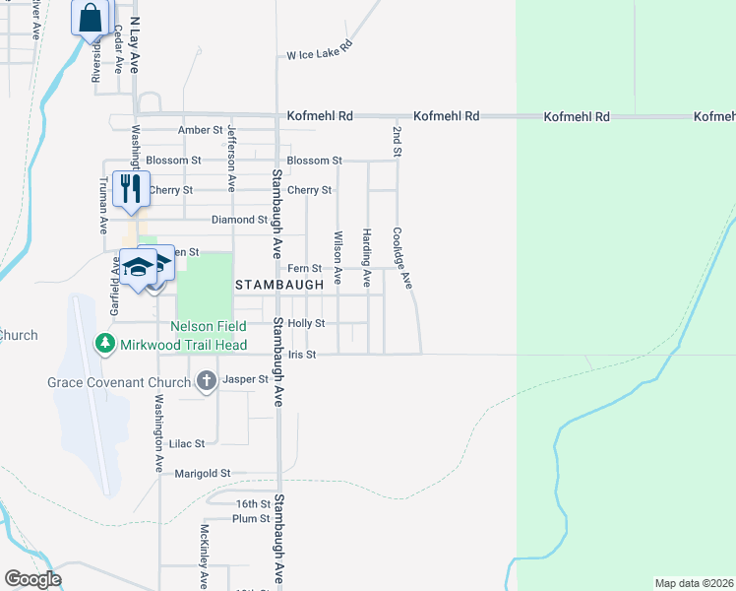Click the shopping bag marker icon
91,18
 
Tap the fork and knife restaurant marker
131,188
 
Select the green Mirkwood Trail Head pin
103,344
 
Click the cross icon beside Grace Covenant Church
207,380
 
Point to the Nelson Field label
207,325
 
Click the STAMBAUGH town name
278,284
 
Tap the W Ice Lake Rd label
320,55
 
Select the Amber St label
200,130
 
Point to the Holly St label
306,323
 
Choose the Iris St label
302,355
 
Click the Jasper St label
246,379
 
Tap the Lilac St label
186,444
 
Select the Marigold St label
202,474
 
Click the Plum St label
252,518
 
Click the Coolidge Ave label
401,258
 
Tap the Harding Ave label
366,258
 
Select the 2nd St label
397,142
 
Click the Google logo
31,579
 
